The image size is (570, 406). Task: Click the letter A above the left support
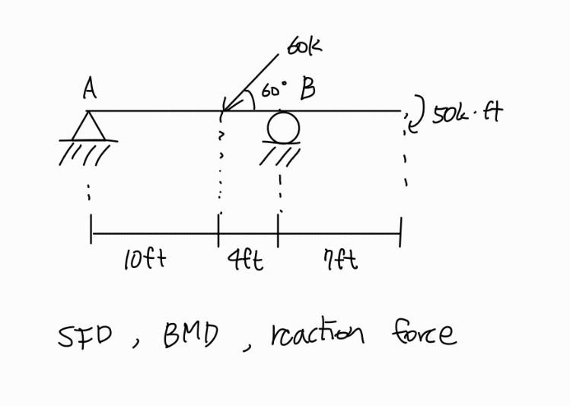pos(90,91)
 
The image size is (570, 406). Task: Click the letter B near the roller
pos(307,90)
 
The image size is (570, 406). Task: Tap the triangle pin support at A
pos(89,126)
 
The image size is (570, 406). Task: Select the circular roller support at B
pos(282,127)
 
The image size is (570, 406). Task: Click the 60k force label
pos(304,46)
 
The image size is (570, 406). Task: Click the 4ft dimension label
pos(245,261)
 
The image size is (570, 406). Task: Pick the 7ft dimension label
pos(340,261)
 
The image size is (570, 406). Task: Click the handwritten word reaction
pos(317,333)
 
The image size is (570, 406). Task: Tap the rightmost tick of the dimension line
pos(400,232)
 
